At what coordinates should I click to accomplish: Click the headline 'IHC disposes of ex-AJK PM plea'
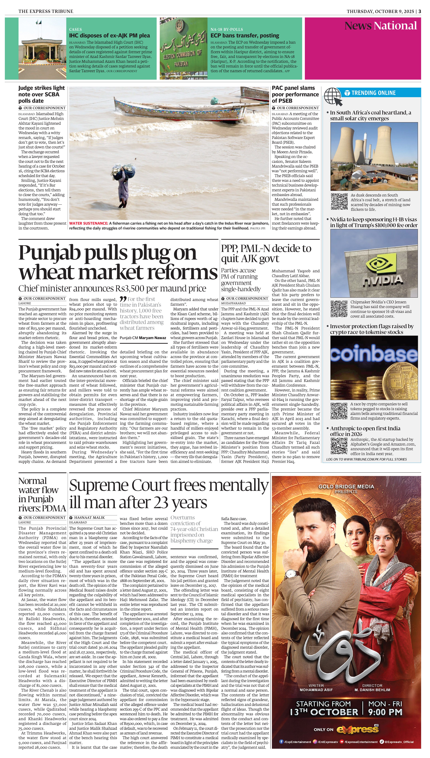click(x=109, y=35)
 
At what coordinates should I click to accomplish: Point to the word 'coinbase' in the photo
click(x=374, y=354)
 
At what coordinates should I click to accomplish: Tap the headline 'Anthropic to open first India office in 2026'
click(x=365, y=431)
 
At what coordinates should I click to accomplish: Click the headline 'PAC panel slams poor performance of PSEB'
click(x=295, y=94)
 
